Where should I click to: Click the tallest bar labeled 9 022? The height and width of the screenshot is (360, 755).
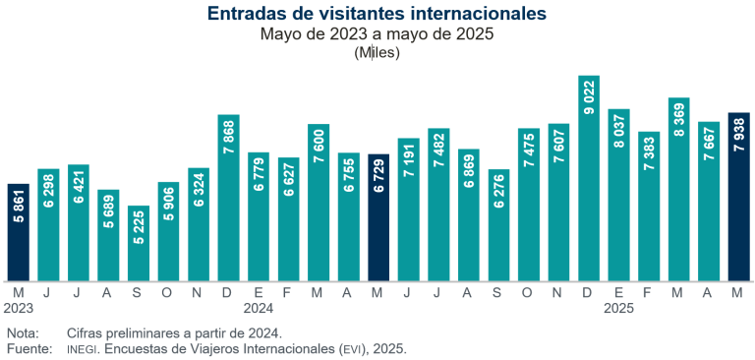[589, 177]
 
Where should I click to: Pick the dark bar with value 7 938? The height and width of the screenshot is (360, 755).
[739, 196]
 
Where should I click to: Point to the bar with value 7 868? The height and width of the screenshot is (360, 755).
[228, 197]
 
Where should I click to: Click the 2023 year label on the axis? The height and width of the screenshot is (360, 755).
[19, 307]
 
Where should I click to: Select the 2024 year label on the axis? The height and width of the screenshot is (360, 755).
[259, 307]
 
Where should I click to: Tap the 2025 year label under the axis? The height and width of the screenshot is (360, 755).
[619, 307]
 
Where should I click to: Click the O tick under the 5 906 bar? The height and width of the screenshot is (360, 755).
[168, 292]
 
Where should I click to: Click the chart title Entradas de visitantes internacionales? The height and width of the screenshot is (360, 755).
[377, 14]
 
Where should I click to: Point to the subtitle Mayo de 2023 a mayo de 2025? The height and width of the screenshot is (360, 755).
[377, 34]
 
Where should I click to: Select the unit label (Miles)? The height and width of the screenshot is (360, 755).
[377, 53]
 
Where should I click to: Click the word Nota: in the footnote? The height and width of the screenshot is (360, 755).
[23, 332]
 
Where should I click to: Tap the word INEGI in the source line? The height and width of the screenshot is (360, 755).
[83, 349]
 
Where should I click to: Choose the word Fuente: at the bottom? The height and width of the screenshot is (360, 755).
[29, 349]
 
